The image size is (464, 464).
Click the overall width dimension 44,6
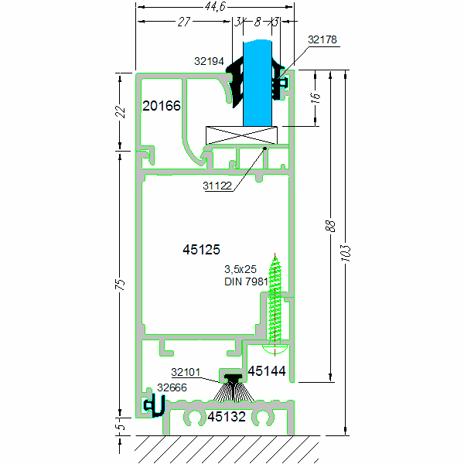click(x=215, y=7)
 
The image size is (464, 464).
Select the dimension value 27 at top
click(x=184, y=22)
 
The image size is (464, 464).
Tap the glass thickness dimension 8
click(x=258, y=22)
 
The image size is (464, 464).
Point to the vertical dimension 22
click(x=120, y=111)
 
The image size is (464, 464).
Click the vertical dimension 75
click(x=120, y=285)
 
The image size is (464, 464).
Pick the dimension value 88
click(x=330, y=226)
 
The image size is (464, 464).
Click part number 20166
click(x=162, y=106)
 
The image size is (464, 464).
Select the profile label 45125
click(x=201, y=249)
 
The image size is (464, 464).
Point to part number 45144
click(x=267, y=372)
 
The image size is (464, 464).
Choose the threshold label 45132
click(x=226, y=418)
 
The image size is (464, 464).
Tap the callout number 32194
click(x=209, y=60)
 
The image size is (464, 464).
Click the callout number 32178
click(x=322, y=39)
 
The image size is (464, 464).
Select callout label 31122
click(x=218, y=186)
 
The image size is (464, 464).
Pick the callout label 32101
click(x=186, y=372)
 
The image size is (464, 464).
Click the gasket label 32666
click(x=172, y=387)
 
